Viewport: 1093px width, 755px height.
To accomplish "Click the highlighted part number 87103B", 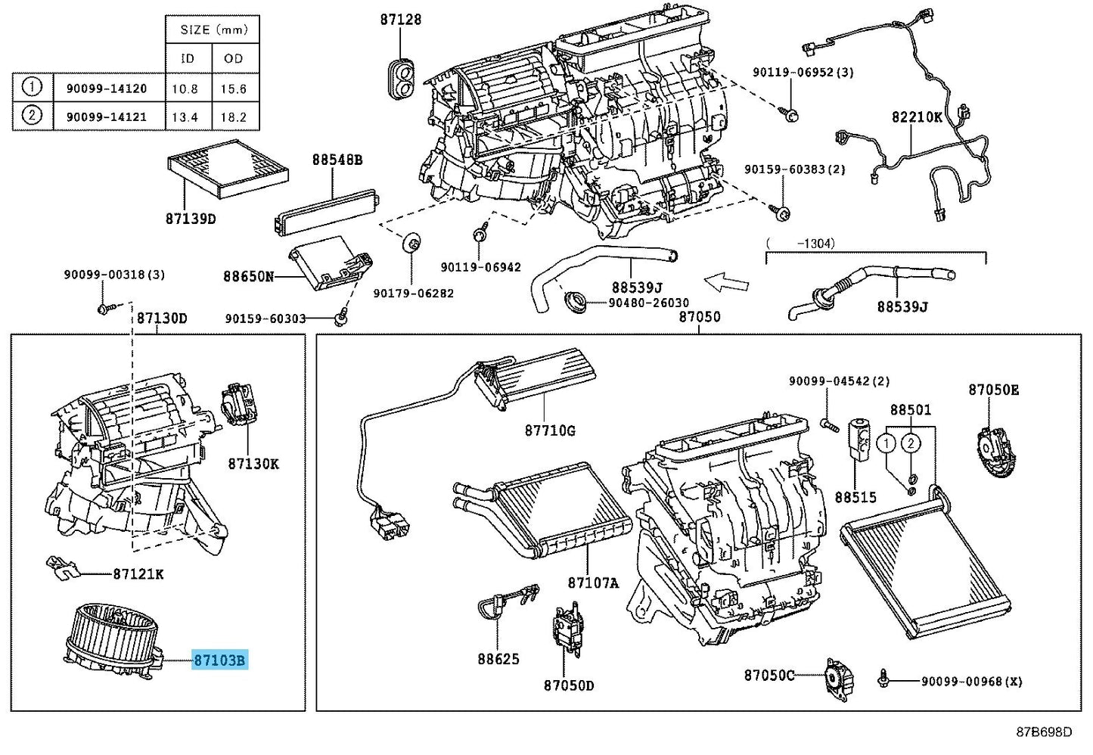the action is [x=219, y=660].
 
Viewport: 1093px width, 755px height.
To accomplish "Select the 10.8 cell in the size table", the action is [x=185, y=89].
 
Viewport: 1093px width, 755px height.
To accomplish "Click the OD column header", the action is [x=233, y=58].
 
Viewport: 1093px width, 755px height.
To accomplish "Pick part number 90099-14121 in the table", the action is [x=107, y=117].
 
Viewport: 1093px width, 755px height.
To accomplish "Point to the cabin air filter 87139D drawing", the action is [x=228, y=169].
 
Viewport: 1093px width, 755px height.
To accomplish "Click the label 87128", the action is [x=401, y=19].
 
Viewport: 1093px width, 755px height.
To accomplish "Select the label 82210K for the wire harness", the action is [x=917, y=117].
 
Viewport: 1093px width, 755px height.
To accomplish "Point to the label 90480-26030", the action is [x=648, y=303].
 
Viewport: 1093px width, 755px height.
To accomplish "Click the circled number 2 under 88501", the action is [x=911, y=443].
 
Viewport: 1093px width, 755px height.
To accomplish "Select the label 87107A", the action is [x=593, y=583].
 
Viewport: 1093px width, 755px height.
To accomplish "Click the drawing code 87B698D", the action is [x=1044, y=732].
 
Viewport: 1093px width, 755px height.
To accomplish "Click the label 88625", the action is [x=498, y=659].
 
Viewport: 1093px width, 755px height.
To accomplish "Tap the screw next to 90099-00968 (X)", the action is [x=883, y=679].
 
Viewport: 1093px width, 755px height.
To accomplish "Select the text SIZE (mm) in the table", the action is [x=214, y=30].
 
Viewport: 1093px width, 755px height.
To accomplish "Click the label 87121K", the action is [x=138, y=574].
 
